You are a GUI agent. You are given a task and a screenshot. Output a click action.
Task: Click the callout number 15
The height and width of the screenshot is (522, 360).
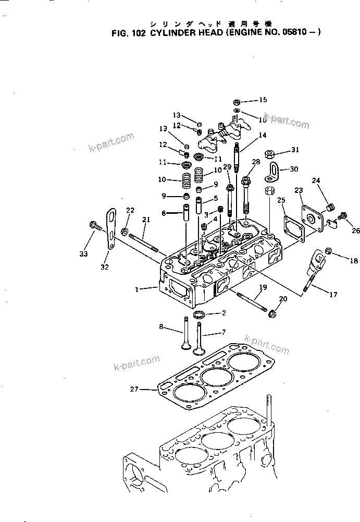[x=263, y=100]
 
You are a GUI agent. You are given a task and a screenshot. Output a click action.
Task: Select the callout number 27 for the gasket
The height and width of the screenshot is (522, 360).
[x=135, y=389]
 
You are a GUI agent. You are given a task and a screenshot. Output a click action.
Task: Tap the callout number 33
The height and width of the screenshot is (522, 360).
[x=84, y=254]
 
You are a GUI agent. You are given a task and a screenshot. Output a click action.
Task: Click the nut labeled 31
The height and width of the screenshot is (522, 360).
[x=270, y=154]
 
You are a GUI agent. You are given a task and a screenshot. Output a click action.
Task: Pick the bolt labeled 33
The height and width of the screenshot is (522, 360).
[x=95, y=226]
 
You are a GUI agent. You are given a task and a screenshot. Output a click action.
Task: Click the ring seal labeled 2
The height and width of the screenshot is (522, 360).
[x=198, y=315]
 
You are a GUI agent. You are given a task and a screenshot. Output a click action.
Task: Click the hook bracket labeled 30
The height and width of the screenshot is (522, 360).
[x=272, y=171]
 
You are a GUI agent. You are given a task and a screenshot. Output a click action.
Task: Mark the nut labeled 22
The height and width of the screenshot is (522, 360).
[x=125, y=230]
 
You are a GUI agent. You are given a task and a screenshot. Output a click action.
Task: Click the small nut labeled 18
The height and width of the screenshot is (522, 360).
[x=328, y=252]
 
